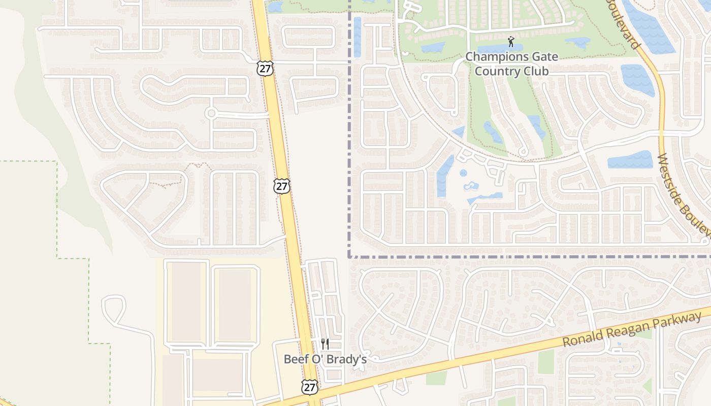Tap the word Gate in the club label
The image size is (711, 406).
coord(542,57)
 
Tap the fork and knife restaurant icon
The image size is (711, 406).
coord(325,344)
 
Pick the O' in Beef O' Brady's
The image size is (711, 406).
coord(318,359)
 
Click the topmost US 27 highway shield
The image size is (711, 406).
coord(265,69)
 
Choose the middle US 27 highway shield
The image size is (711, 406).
coord(282,186)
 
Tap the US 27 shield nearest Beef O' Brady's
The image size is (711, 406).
coord(309,387)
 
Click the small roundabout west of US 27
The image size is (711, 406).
coord(211,113)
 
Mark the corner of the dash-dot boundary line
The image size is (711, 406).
coord(350,256)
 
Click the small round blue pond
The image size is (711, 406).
coord(463,173)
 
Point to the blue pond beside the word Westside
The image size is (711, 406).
coord(630,160)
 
